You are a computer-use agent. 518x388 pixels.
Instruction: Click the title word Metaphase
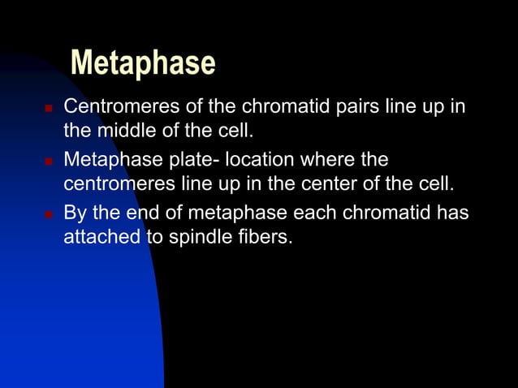click(143, 63)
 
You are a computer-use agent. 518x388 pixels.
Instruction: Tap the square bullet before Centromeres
click(47, 108)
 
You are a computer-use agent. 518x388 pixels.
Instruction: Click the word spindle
click(194, 239)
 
